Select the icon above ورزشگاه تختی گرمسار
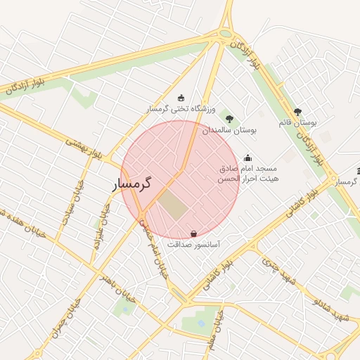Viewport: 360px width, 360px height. coord(181,98)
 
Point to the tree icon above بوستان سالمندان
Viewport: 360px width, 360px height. coord(229,118)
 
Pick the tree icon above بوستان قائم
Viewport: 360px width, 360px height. coord(298,111)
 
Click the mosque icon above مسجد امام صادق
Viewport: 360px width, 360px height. coord(247,157)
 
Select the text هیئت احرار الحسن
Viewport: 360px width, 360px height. coord(247,179)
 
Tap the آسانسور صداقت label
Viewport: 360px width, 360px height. coord(193,245)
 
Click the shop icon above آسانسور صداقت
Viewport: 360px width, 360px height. coord(193,233)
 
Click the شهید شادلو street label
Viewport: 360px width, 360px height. coord(330,310)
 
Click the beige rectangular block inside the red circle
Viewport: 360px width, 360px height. coord(172,204)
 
